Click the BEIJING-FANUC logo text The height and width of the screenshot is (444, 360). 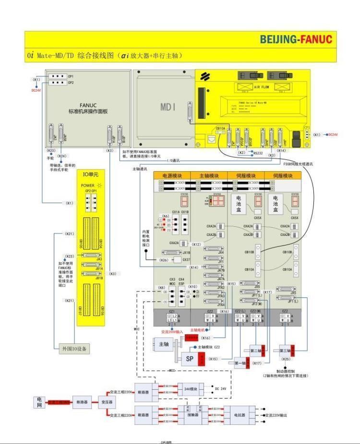[296, 39]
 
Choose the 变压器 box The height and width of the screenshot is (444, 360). [106, 402]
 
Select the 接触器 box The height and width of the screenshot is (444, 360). [193, 415]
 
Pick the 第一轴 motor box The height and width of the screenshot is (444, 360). [240, 364]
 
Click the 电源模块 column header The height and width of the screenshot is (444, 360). [172, 176]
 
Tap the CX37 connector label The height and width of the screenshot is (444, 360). [186, 259]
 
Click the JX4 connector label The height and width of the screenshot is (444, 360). [221, 252]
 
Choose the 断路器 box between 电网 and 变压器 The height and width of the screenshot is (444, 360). [81, 402]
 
